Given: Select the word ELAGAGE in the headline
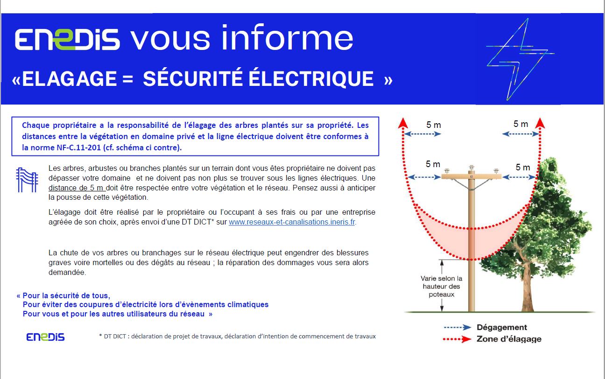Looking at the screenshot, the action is tap(70, 79).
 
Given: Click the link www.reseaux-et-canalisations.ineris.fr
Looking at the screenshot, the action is tap(292, 222).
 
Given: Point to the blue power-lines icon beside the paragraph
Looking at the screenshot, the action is tap(27, 180).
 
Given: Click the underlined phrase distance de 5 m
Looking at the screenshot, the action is tap(76, 188).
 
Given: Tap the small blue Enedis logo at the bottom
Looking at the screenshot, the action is tap(45, 337).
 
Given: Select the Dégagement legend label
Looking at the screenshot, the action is tap(501, 327).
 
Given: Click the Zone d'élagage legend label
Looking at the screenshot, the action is tap(509, 339).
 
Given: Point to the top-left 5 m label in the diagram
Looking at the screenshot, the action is tap(434, 125).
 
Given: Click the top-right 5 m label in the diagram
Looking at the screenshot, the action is tap(521, 124).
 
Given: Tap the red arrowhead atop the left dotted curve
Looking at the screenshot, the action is tap(403, 123).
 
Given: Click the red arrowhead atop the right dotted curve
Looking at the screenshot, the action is tap(540, 123).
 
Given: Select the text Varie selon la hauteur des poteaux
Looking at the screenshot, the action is tap(441, 286).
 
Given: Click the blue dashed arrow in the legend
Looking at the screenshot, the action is tap(457, 327).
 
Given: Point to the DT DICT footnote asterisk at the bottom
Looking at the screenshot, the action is tap(100, 335).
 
